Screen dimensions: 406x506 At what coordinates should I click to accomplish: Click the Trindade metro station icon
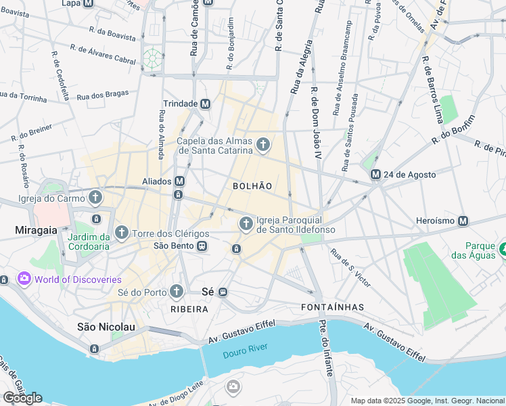(205, 104)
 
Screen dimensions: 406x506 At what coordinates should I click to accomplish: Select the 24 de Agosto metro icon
(375, 175)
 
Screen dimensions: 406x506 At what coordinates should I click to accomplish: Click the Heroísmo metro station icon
(463, 221)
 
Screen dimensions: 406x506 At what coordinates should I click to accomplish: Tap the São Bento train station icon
(202, 246)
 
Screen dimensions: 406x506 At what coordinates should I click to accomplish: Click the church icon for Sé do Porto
(176, 292)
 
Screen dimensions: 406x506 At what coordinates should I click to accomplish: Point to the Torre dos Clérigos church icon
(122, 233)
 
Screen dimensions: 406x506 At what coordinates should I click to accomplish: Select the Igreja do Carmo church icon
(95, 198)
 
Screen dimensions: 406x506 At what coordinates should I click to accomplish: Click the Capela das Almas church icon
(262, 144)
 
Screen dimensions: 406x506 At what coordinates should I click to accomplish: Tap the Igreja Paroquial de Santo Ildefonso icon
(246, 223)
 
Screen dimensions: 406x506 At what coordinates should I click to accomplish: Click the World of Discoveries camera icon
(24, 279)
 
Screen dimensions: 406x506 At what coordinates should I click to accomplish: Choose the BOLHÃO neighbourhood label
(252, 185)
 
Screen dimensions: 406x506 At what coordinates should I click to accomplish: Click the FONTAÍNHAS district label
(331, 307)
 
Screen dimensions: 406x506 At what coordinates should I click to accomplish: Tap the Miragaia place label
(36, 231)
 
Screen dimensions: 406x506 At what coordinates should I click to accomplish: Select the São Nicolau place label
(106, 327)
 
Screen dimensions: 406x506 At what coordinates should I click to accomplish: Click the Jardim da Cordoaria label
(89, 242)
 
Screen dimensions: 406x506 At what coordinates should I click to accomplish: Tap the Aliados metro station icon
(179, 181)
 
